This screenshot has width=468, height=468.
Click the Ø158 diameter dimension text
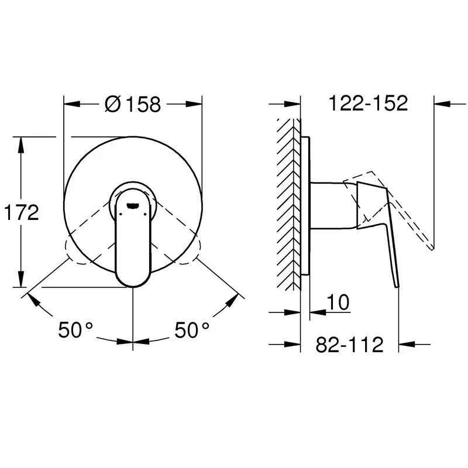[x=133, y=104]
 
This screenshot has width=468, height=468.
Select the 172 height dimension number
[x=21, y=212]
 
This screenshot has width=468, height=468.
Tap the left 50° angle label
[x=75, y=329]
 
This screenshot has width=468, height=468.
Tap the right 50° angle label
[x=192, y=329]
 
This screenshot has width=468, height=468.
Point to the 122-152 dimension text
[x=368, y=103]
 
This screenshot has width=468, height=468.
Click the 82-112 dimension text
[x=349, y=345]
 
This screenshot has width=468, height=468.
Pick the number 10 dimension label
[x=338, y=302]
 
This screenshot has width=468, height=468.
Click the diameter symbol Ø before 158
[x=113, y=104]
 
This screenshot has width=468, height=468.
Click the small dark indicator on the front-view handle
[x=133, y=205]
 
